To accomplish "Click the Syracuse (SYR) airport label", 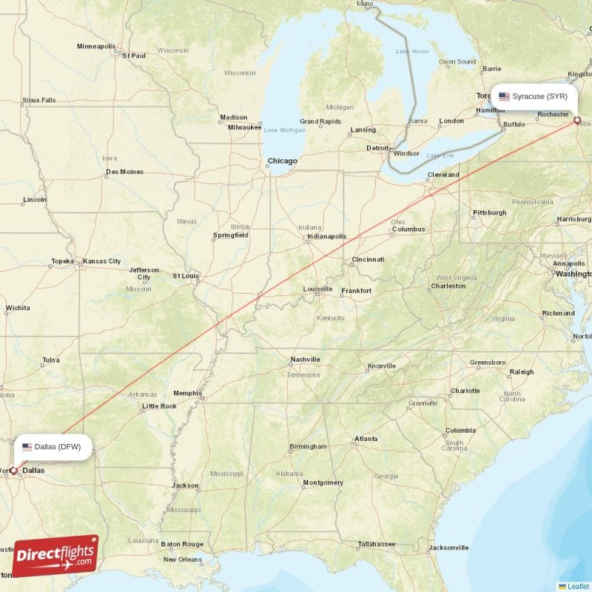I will [534, 96].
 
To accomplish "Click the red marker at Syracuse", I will [577, 119].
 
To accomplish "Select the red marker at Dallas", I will [13, 470].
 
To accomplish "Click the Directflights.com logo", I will [55, 556].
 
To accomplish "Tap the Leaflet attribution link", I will [578, 586].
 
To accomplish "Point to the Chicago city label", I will [282, 161].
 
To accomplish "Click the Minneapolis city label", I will [96, 47].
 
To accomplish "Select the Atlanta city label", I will [366, 439].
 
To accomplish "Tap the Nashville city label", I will [305, 360].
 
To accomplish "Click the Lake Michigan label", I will [284, 130].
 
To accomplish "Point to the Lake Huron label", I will [412, 51].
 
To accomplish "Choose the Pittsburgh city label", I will [489, 212].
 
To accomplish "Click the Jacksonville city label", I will [448, 548].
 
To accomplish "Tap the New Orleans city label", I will [181, 559].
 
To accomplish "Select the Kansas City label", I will [102, 261].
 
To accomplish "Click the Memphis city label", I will [187, 394].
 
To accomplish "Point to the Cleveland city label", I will [443, 175].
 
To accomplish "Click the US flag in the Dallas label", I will [27, 447].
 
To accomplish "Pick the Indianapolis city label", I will [326, 237].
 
